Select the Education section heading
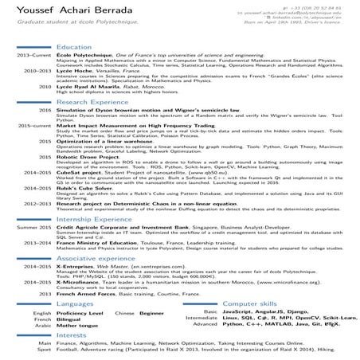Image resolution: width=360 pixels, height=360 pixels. point(74,48)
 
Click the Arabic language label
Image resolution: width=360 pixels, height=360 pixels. point(43,325)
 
